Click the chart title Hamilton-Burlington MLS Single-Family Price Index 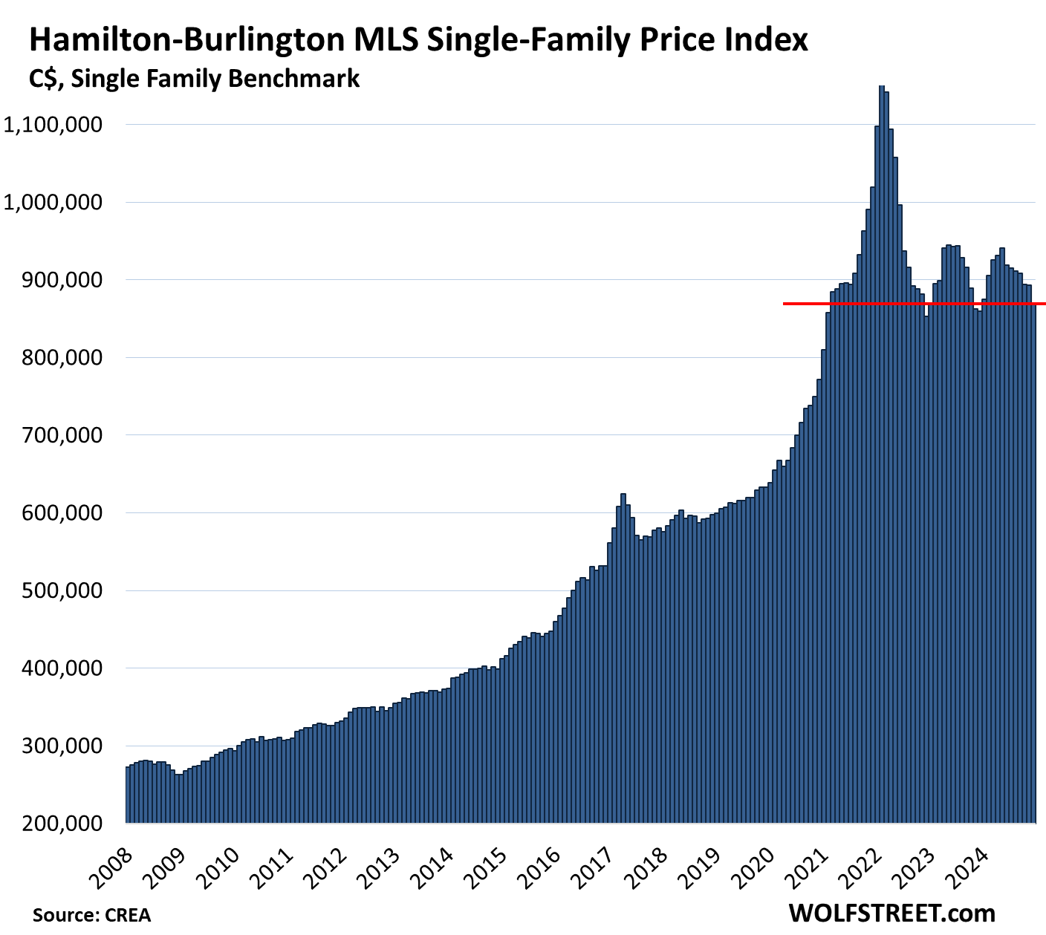coord(418,40)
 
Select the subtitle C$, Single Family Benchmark coord(195,79)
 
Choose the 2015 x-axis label coord(487,865)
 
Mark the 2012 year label coord(327,865)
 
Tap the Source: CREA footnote coord(91,915)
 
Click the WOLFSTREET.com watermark coord(891,913)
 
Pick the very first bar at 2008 coord(129,795)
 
